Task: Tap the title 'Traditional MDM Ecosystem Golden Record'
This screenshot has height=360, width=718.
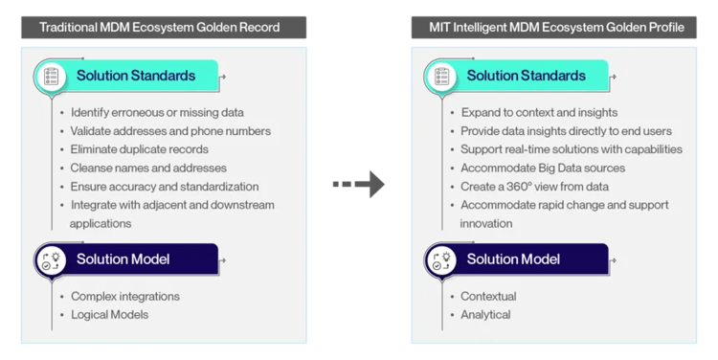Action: pyautogui.click(x=160, y=28)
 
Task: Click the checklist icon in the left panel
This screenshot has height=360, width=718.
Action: pyautogui.click(x=51, y=76)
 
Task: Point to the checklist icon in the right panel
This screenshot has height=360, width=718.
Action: pyautogui.click(x=442, y=76)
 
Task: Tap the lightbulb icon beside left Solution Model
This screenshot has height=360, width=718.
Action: pyautogui.click(x=51, y=259)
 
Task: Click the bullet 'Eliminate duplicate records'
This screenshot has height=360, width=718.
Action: pyautogui.click(x=139, y=149)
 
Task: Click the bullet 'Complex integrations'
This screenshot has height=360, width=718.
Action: pyautogui.click(x=125, y=296)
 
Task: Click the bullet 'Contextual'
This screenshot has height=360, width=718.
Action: pyautogui.click(x=488, y=296)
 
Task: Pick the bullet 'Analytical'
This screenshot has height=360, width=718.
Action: pyautogui.click(x=485, y=314)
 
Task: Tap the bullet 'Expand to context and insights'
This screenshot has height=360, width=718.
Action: pyautogui.click(x=539, y=113)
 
